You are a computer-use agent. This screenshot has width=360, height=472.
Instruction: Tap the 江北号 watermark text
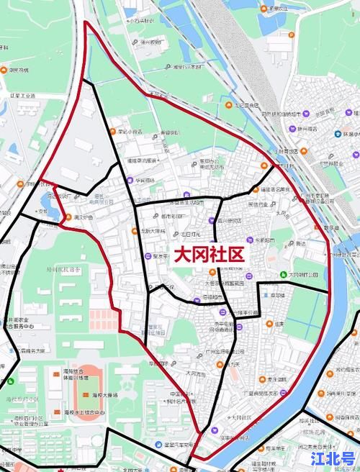click(x=332, y=458)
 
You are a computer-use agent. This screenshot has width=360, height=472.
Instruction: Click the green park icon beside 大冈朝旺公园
click(x=283, y=274)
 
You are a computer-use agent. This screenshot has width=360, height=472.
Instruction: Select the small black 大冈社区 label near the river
click(x=242, y=417)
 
